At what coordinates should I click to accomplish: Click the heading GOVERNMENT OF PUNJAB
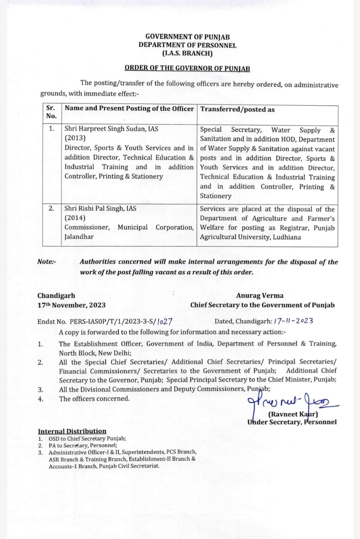[187, 37]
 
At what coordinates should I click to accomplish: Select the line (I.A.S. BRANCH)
[187, 53]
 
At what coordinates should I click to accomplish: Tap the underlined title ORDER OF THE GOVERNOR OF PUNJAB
[187, 68]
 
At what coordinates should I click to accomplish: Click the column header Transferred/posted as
[237, 109]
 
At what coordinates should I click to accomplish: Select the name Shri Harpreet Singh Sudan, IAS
[111, 129]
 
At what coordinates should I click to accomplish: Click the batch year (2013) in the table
[75, 139]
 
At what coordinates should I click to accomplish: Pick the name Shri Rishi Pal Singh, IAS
[100, 208]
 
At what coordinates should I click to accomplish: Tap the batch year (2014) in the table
[75, 218]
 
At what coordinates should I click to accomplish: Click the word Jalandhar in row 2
[79, 237]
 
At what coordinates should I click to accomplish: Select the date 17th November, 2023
[71, 305]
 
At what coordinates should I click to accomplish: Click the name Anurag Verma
[260, 296]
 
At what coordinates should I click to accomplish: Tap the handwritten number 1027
[164, 321]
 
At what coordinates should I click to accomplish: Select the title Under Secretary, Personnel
[292, 422]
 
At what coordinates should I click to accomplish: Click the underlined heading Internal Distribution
[72, 431]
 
